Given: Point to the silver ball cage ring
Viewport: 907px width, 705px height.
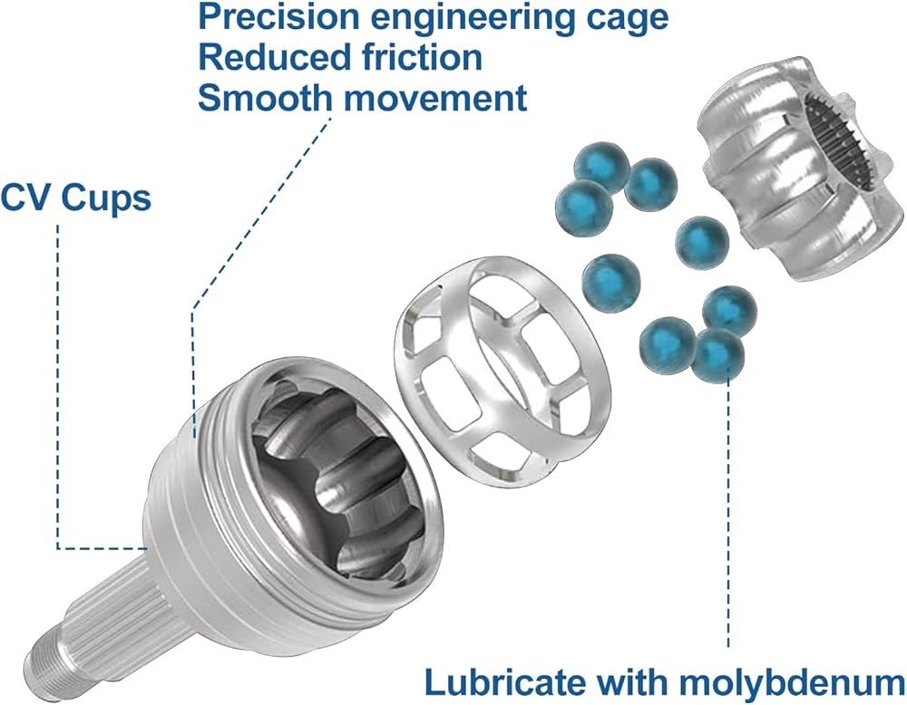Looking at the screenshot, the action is click(496, 363).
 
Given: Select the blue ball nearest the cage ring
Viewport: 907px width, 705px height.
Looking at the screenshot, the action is click(610, 283).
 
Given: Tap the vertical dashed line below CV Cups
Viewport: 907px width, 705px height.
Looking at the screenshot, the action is click(58, 381).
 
